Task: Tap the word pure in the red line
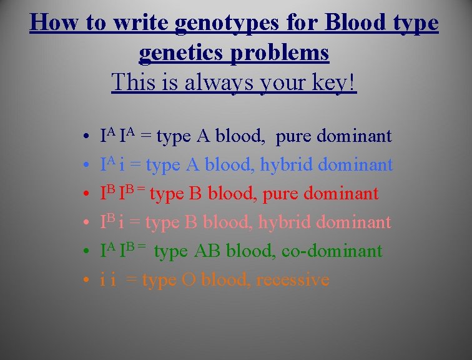(x=282, y=194)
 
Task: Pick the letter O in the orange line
(x=188, y=280)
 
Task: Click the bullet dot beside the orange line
(x=83, y=281)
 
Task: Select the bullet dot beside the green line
(x=83, y=252)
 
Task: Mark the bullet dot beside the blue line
(x=83, y=166)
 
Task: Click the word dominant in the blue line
(x=356, y=165)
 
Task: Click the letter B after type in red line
(x=195, y=194)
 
